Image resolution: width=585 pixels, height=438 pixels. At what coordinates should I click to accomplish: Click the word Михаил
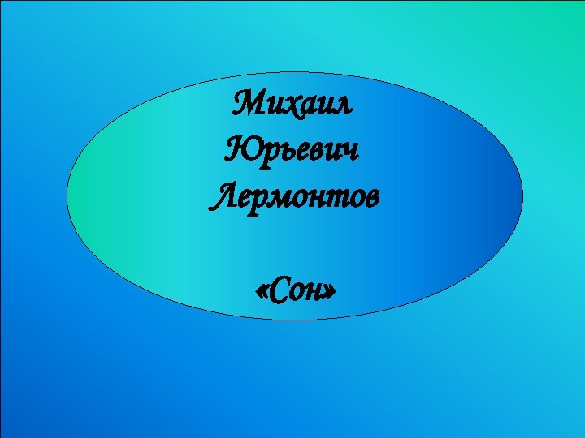(x=294, y=105)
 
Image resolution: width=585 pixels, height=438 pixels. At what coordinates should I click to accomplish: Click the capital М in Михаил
(x=248, y=105)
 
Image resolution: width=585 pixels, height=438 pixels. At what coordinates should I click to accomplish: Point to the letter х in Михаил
(x=295, y=106)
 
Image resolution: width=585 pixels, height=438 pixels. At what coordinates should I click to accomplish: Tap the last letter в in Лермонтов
(x=368, y=199)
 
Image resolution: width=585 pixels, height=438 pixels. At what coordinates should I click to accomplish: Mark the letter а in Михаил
(x=313, y=106)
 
